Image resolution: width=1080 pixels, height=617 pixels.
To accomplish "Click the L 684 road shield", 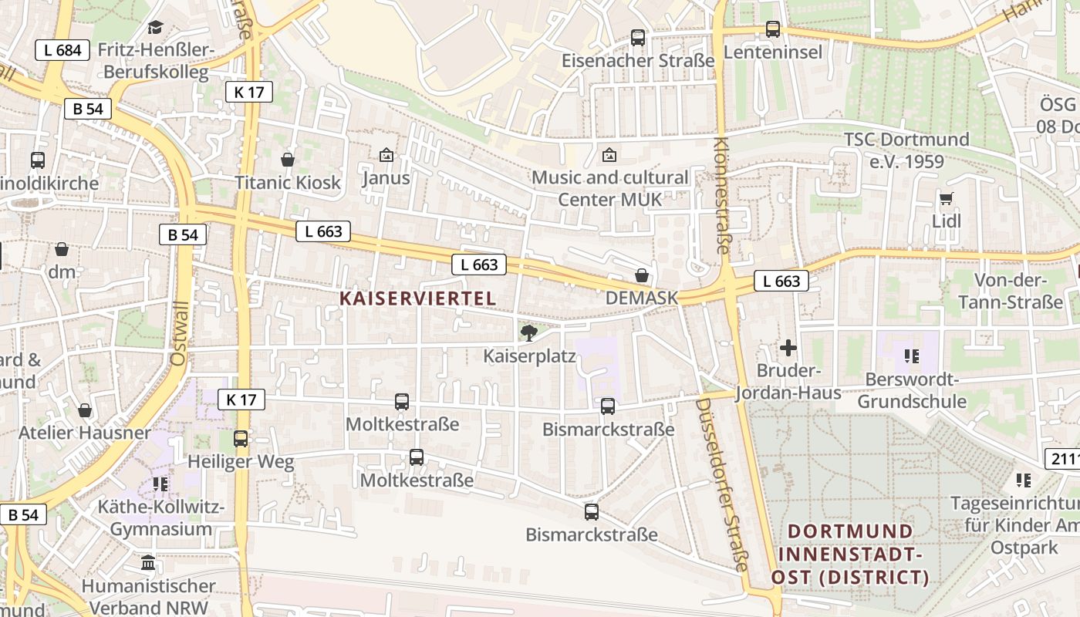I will click(x=62, y=51).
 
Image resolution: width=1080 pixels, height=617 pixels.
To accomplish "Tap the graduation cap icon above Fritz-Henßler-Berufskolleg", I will click(x=156, y=28).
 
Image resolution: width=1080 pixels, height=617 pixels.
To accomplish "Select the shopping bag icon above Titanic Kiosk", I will click(x=288, y=160).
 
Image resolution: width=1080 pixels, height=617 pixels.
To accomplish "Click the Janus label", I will click(x=386, y=178).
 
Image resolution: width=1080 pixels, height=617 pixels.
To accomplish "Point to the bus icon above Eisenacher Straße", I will click(x=638, y=37).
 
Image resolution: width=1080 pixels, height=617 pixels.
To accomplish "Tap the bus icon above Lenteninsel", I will click(x=773, y=30).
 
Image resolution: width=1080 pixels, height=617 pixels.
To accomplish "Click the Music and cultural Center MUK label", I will click(x=609, y=188).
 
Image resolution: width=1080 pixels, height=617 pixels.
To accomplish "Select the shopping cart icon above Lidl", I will click(x=947, y=199).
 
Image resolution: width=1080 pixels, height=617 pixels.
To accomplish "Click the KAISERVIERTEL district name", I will click(x=417, y=298).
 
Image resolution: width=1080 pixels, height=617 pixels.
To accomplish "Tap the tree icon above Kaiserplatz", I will click(x=529, y=332).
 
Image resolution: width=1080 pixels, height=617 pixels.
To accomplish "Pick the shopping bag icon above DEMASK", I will click(x=642, y=275).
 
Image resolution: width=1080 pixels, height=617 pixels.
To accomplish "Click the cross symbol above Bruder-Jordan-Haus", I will click(x=788, y=348).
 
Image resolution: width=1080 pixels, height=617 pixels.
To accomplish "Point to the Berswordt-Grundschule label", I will click(x=912, y=390).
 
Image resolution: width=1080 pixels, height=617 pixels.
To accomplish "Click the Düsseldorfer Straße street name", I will click(x=723, y=484).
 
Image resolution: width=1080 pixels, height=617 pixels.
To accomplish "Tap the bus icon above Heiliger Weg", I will click(x=241, y=439).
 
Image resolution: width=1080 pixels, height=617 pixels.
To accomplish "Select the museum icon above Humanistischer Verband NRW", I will click(x=148, y=562).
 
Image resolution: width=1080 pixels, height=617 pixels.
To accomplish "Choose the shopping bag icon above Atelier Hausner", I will click(x=85, y=410).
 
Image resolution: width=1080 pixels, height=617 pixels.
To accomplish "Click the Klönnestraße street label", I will click(x=721, y=195).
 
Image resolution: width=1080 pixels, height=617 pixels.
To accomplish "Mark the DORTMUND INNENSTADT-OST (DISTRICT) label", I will click(x=850, y=554).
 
